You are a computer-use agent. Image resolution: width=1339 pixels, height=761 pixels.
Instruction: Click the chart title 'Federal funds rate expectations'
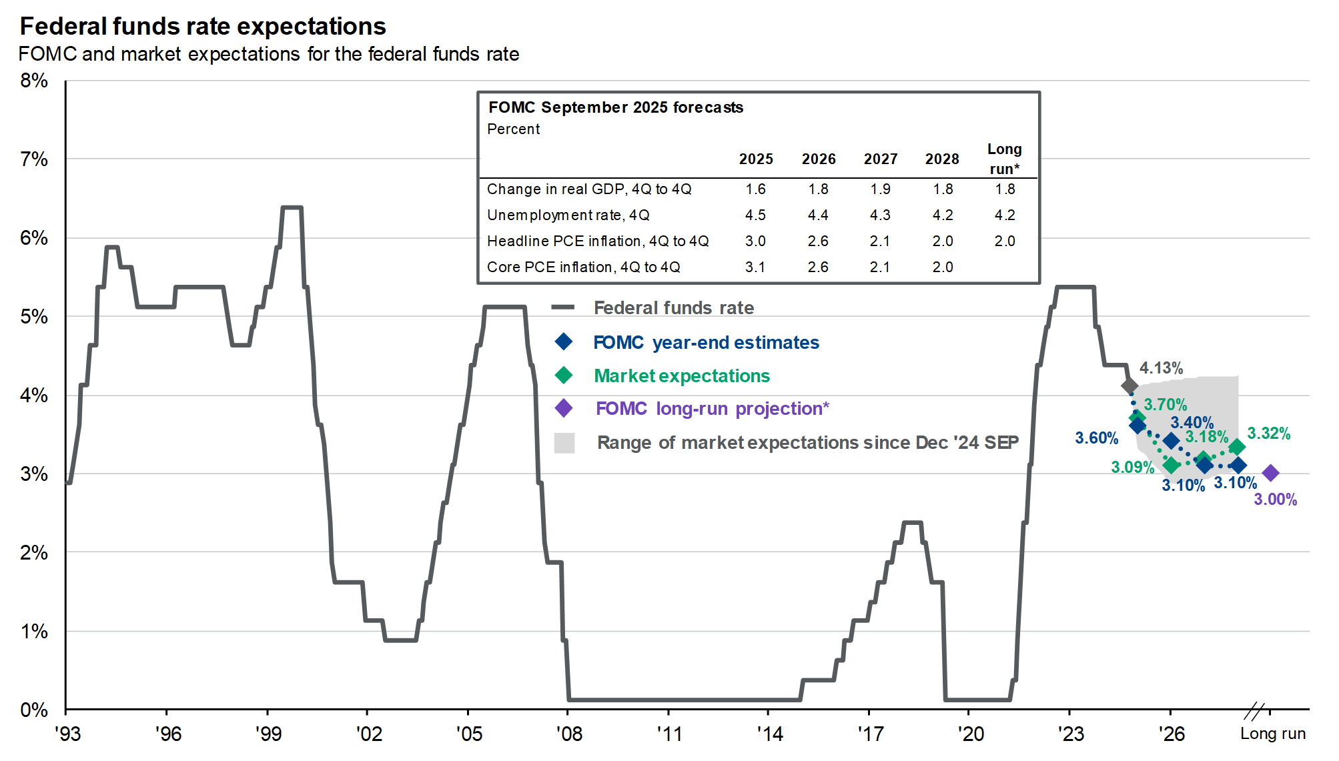tap(203, 27)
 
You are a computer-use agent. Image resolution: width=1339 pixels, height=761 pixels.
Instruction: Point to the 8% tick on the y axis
tap(34, 81)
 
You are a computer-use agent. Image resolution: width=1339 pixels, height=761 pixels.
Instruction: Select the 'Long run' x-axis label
tap(1272, 734)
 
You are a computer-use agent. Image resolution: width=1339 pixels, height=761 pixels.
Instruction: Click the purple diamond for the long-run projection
tap(1270, 473)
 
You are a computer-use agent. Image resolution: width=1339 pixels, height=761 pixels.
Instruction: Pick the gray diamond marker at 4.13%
tap(1129, 386)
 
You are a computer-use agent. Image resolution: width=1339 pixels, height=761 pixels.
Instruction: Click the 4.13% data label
tap(1161, 368)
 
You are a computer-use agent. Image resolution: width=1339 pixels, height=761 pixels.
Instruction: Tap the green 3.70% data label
tap(1165, 405)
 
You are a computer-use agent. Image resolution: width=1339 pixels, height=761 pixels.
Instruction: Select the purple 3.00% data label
tap(1275, 500)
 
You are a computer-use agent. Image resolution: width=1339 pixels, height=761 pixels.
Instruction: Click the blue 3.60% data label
tap(1096, 438)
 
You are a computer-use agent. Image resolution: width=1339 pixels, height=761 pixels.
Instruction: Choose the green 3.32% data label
tap(1268, 434)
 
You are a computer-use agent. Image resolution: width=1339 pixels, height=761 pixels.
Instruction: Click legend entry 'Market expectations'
tap(681, 375)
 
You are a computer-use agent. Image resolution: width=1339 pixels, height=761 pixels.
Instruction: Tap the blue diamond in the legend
tap(564, 342)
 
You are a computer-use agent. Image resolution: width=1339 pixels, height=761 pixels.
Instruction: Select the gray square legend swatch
tap(564, 443)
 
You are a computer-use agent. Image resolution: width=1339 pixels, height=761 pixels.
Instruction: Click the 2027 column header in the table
tap(881, 159)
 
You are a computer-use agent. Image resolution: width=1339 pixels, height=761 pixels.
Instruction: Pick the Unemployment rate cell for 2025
tap(755, 215)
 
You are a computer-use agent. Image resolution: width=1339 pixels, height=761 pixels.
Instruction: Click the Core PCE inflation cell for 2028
tap(942, 267)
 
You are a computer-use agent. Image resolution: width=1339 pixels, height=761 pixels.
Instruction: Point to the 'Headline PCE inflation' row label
tap(598, 241)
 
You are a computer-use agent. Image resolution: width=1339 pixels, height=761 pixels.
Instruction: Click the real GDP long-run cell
tap(1005, 189)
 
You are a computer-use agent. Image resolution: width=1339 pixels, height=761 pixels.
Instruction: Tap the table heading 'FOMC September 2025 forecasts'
tap(615, 107)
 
